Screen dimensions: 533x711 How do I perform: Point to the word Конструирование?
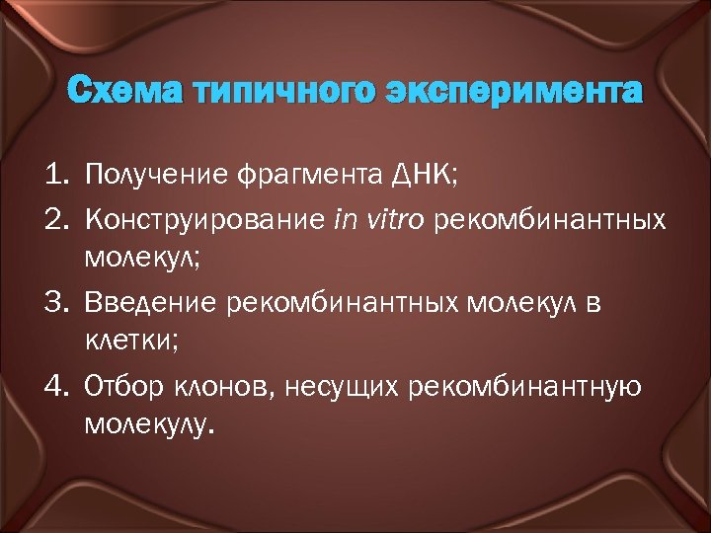(x=204, y=219)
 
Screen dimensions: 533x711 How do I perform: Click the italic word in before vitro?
(x=345, y=218)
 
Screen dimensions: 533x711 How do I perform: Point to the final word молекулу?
(x=147, y=426)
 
